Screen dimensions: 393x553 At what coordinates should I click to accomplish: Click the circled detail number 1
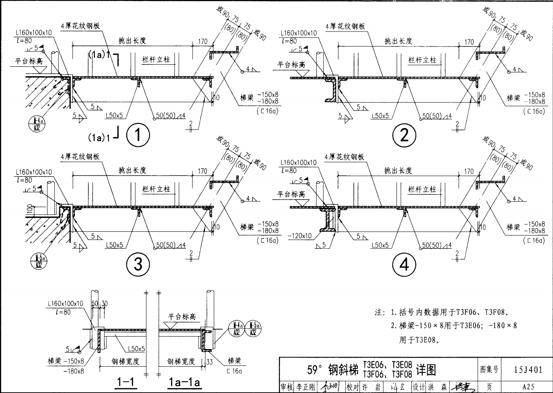[x=138, y=135]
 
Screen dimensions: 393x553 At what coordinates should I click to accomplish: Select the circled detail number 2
[x=404, y=135]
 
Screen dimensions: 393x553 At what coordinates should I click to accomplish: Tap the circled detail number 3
[x=138, y=265]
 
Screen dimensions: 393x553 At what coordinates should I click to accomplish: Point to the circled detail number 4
[x=404, y=265]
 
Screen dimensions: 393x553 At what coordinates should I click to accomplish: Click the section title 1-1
[x=126, y=382]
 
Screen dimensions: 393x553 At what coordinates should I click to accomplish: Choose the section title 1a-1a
[x=184, y=382]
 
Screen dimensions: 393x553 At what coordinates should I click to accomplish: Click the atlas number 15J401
[x=528, y=370]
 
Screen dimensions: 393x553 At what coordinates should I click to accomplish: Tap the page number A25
[x=528, y=387]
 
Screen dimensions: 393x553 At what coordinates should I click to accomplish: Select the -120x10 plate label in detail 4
[x=299, y=236]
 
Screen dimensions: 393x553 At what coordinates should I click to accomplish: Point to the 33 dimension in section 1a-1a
[x=209, y=362]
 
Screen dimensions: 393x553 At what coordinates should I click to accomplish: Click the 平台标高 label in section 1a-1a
[x=182, y=317]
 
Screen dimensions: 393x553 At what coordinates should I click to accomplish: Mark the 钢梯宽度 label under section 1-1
[x=125, y=361]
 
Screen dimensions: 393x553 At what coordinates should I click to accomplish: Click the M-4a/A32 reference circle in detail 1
[x=35, y=122]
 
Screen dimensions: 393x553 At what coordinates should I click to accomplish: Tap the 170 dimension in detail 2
[x=469, y=42]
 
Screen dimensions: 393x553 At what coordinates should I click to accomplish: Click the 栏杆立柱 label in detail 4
[x=422, y=189]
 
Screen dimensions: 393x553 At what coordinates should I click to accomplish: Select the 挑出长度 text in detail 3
[x=133, y=170]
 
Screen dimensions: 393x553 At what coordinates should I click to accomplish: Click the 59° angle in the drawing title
[x=315, y=370]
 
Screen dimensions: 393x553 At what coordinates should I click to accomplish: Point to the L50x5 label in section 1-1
[x=136, y=349]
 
